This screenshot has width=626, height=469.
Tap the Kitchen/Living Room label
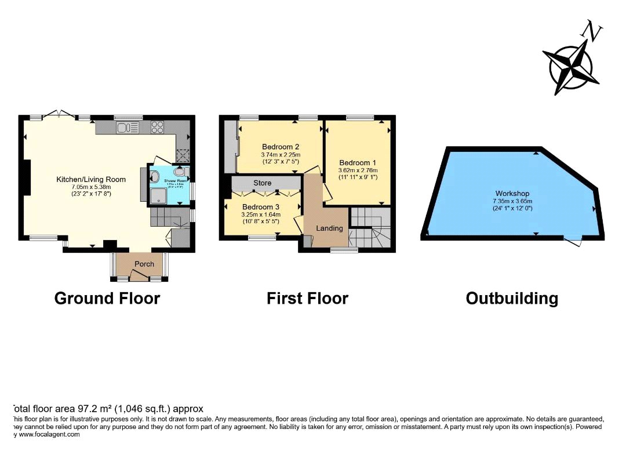91,180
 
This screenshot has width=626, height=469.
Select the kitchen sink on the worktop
127,127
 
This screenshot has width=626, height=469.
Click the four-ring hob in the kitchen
158,127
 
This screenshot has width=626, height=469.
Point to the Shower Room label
176,181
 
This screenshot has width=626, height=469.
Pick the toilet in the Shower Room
181,172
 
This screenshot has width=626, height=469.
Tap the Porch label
144,264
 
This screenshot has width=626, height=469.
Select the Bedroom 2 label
280,147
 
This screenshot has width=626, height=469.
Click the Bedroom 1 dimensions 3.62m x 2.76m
358,170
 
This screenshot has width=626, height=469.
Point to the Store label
262,183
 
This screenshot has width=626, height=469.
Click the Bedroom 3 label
260,207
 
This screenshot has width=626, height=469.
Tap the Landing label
329,228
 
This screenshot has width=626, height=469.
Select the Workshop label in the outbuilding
512,194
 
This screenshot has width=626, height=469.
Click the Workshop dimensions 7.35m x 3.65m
512,201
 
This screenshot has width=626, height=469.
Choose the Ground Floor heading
107,299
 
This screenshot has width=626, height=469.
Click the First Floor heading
307,299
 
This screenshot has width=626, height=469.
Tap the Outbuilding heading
512,299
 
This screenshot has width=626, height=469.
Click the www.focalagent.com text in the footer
49,434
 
